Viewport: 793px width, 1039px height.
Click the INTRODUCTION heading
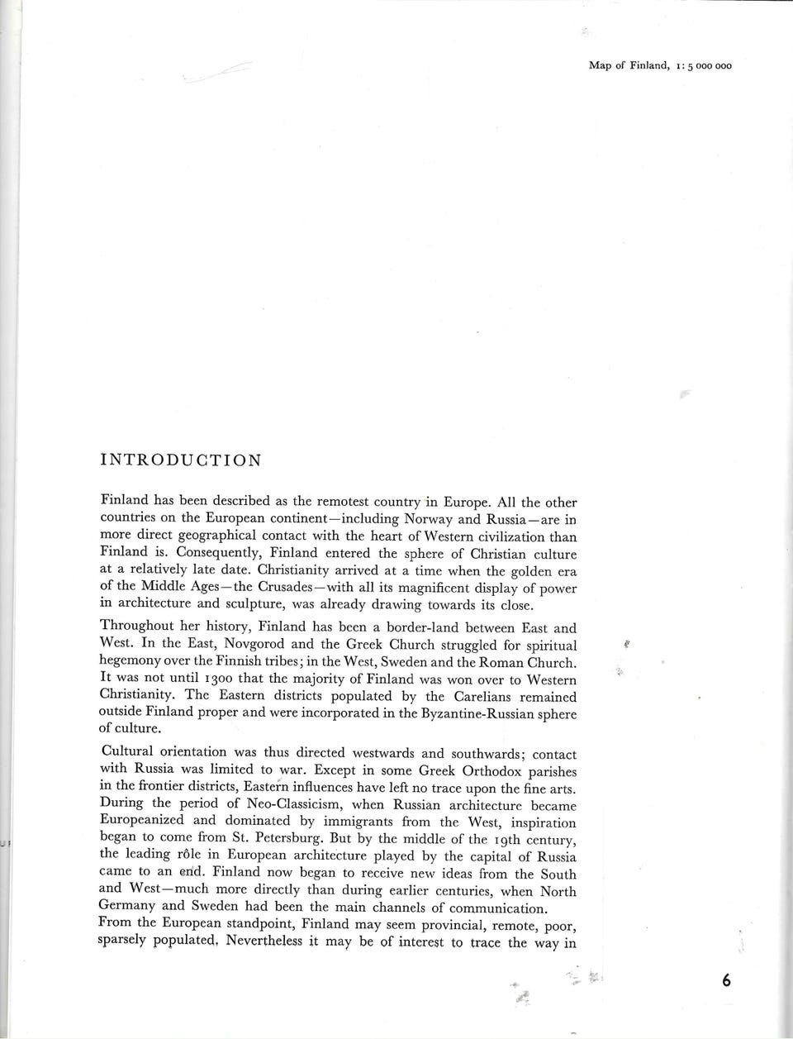coord(180,460)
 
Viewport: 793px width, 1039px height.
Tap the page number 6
coord(726,980)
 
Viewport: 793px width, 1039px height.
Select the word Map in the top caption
coord(599,66)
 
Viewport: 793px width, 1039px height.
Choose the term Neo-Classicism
coord(285,804)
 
